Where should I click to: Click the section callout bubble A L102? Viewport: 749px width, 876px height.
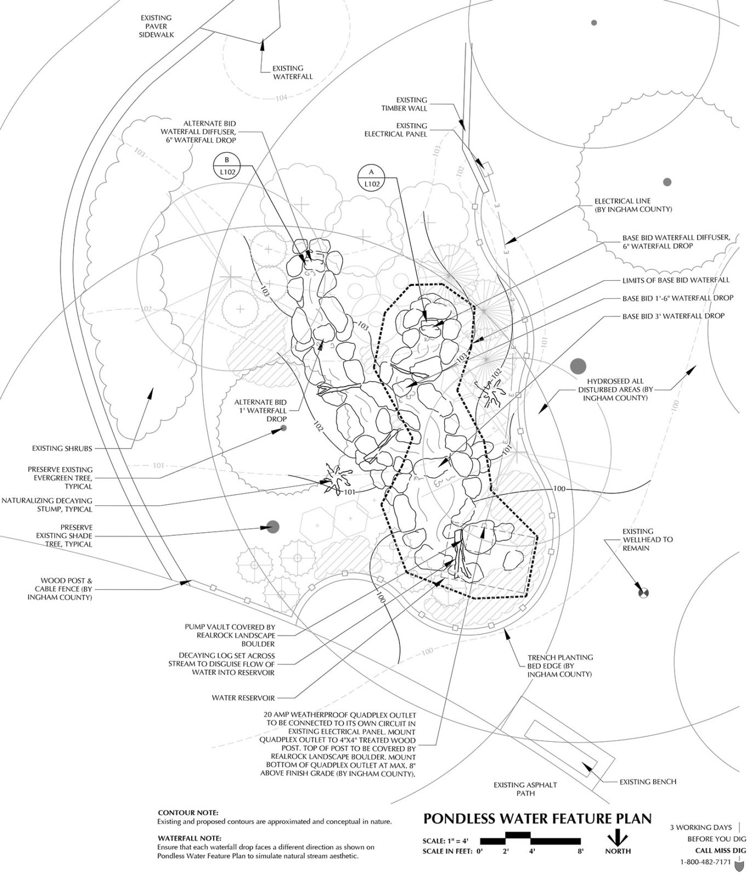point(371,178)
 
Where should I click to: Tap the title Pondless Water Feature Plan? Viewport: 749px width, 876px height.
point(538,819)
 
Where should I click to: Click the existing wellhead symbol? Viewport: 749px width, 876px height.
point(643,592)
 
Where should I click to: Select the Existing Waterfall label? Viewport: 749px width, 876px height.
point(293,73)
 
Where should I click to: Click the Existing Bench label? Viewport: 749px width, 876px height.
point(648,782)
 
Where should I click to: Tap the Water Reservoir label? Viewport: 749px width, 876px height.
point(243,698)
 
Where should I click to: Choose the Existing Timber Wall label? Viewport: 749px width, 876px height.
point(404,104)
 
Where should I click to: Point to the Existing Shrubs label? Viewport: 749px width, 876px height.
point(62,448)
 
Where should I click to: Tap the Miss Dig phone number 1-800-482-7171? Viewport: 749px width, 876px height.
point(705,862)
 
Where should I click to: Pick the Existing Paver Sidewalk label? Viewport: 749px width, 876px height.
point(156,26)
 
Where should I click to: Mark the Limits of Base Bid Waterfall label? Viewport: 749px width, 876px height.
point(676,280)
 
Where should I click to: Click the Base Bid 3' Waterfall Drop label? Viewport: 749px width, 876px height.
point(673,316)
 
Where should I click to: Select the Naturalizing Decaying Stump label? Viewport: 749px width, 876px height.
point(47,505)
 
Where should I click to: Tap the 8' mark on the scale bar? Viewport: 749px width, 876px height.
point(580,851)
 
